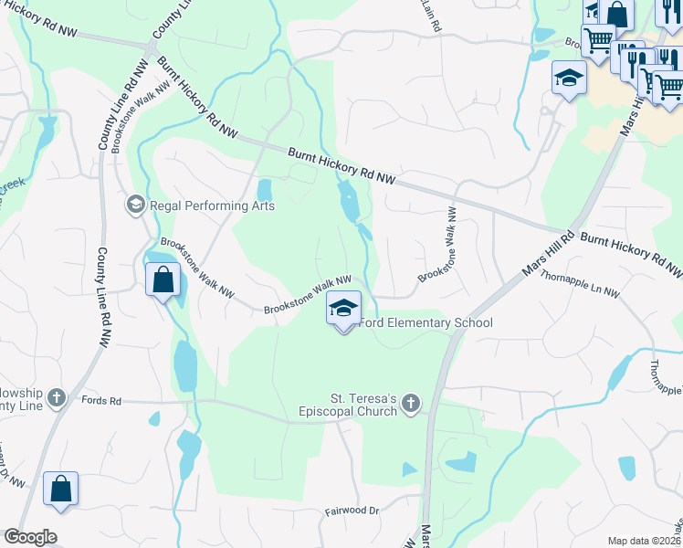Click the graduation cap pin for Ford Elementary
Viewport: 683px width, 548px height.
tap(344, 309)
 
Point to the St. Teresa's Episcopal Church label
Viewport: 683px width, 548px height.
tap(364, 405)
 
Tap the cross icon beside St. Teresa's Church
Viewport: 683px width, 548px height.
tap(412, 403)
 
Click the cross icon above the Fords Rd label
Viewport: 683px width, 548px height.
tap(58, 397)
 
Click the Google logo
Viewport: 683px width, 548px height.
tap(30, 537)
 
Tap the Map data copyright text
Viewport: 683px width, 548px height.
tap(645, 541)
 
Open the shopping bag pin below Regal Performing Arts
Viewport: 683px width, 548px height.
tap(163, 279)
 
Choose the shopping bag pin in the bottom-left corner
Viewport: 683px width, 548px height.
tap(60, 489)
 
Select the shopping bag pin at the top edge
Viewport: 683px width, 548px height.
tap(617, 15)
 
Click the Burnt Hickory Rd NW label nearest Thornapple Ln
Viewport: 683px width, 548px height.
tap(631, 254)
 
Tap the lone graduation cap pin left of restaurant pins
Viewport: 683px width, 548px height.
tap(568, 77)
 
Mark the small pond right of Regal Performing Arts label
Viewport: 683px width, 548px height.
tap(265, 190)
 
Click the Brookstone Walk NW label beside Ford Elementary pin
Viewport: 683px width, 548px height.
tap(308, 296)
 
